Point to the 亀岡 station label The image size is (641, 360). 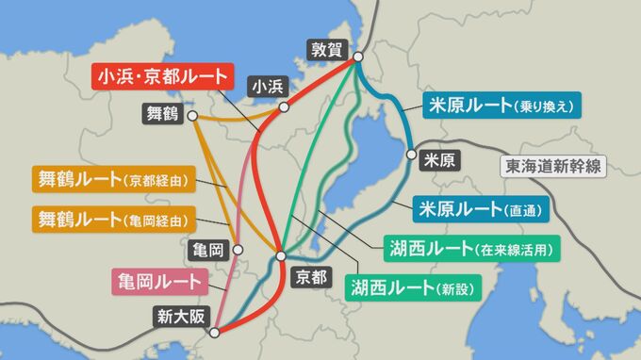(206, 250)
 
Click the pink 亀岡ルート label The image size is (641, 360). (159, 280)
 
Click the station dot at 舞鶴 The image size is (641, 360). (192, 117)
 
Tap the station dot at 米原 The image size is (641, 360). (411, 153)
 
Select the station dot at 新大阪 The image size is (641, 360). (215, 331)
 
